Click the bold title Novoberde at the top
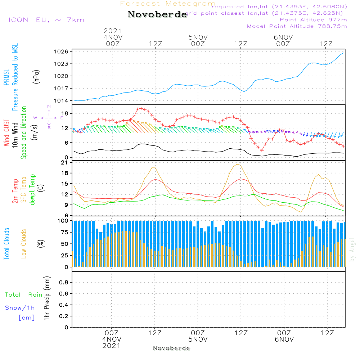click(157, 15)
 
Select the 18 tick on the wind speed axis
click(65, 114)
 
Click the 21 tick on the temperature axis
click(65, 163)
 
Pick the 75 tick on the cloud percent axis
click(64, 233)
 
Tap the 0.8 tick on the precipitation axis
click(64, 283)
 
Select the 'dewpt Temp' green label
click(32, 190)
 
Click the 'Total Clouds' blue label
click(6, 244)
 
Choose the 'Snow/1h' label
click(20, 308)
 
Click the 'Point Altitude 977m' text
click(313, 20)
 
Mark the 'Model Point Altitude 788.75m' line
click(297, 26)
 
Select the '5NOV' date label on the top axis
click(198, 37)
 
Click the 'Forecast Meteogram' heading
click(168, 4)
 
